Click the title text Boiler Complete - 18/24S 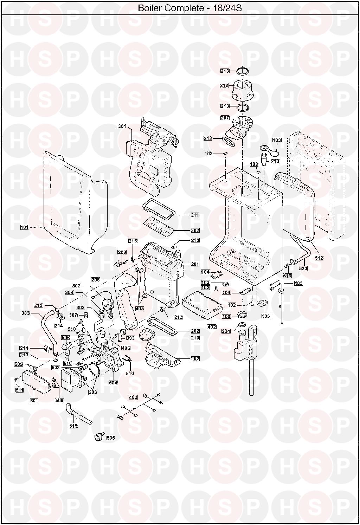pos(190,8)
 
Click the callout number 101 pos(24,227)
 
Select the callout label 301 pos(122,126)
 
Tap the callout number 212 pos(224,85)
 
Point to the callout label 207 pos(225,118)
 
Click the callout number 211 pos(195,215)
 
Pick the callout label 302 pos(195,231)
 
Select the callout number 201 pos(195,264)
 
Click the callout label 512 pos(319,258)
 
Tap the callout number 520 pos(303,268)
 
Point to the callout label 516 pos(287,276)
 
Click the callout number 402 pos(212,327)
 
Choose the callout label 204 pos(226,331)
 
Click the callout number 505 pos(111,438)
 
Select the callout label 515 pos(73,426)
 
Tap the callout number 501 pos(34,401)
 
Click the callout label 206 pos(96,280)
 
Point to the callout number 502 pos(76,286)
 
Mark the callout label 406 pos(126,348)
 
